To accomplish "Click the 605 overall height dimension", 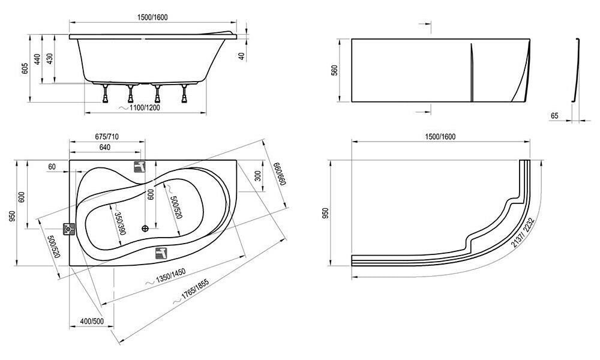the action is tap(25, 68).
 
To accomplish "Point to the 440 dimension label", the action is tap(37, 59).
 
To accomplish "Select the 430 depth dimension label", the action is tap(50, 59).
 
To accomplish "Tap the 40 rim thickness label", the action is tap(241, 56).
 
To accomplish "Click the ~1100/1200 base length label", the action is tap(140, 108).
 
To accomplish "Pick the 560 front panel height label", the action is tap(334, 70).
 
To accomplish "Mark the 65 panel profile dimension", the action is tap(554, 116).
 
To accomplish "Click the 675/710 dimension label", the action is tap(106, 137).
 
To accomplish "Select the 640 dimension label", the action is tap(105, 147).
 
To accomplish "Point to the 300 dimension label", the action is tap(257, 176).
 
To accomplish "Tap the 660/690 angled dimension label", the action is tap(280, 173).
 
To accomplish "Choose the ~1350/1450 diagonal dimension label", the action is tap(166, 277).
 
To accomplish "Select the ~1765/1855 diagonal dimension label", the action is tap(190, 293).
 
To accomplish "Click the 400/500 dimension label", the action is tap(92, 322).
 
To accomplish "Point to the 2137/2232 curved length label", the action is tap(523, 233).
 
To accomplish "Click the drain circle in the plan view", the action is tap(145, 229).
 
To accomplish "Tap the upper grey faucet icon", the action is tap(140, 166).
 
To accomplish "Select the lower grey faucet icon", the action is tap(161, 253).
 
